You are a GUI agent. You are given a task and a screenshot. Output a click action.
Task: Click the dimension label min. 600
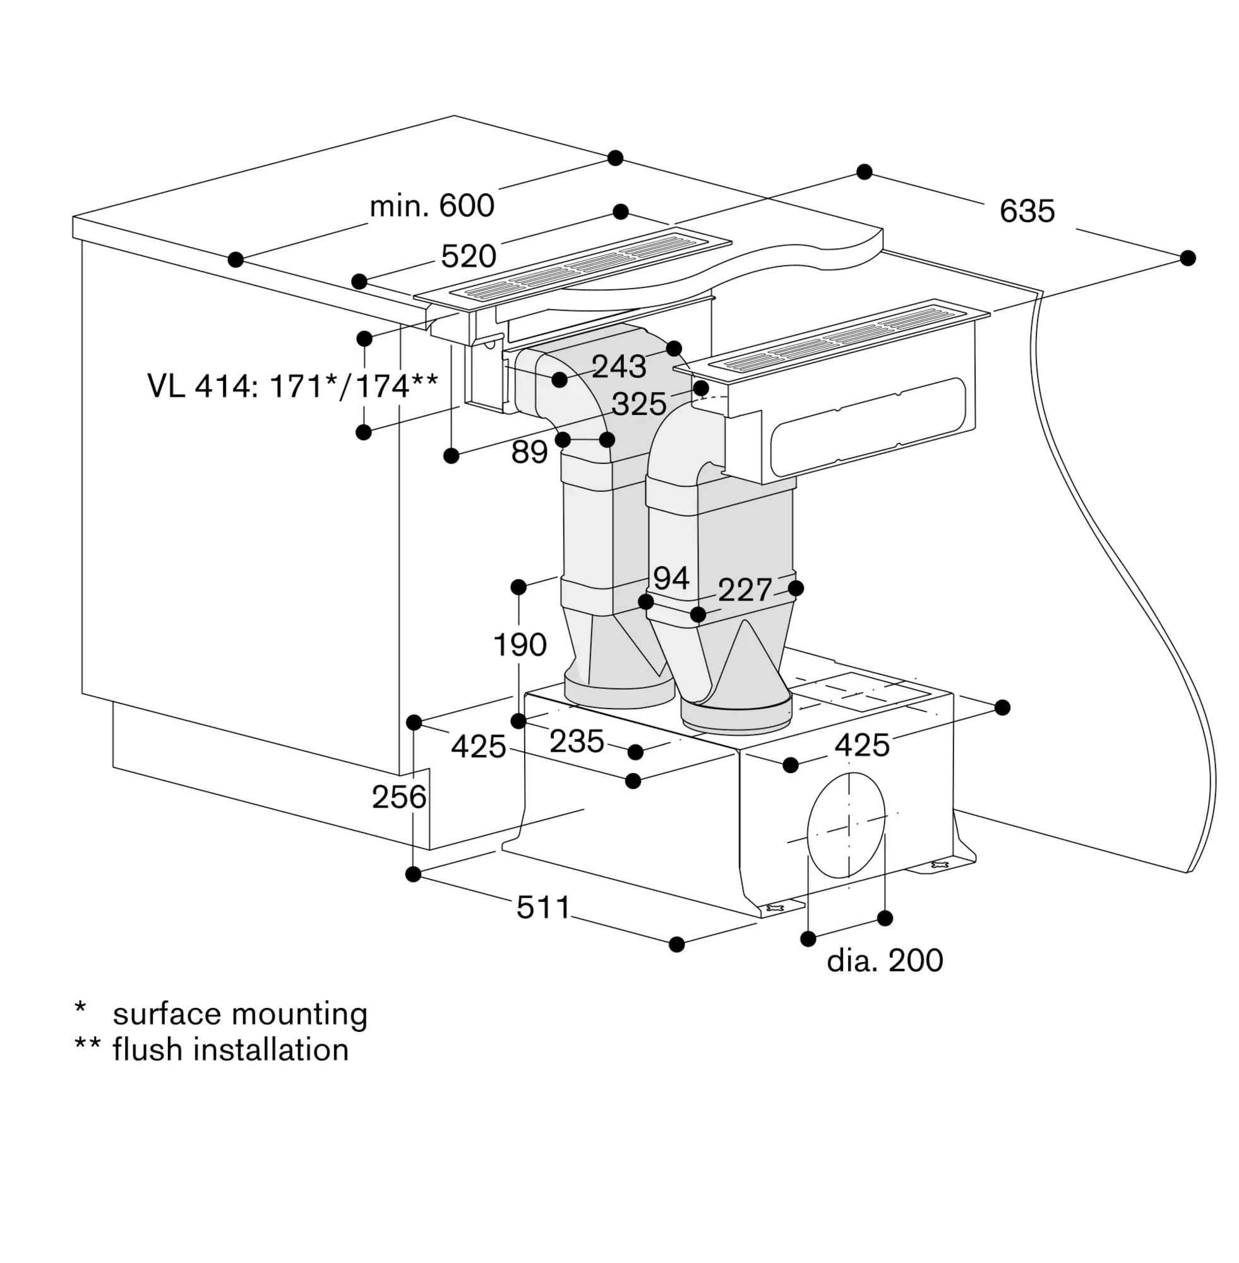pyautogui.click(x=432, y=207)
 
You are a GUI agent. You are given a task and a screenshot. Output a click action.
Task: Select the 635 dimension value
pyautogui.click(x=1027, y=212)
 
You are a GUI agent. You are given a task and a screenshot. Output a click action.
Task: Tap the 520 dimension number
pyautogui.click(x=469, y=256)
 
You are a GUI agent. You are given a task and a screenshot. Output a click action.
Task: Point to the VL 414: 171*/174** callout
pyautogui.click(x=293, y=386)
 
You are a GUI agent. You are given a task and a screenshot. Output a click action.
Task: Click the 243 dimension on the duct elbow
pyautogui.click(x=619, y=367)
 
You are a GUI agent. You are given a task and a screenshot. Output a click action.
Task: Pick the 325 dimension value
pyautogui.click(x=639, y=404)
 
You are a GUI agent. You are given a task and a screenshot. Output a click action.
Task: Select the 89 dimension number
pyautogui.click(x=529, y=452)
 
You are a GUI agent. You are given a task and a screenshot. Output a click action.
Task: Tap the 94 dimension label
pyautogui.click(x=671, y=578)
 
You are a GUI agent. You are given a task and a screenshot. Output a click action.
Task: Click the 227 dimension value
pyautogui.click(x=745, y=590)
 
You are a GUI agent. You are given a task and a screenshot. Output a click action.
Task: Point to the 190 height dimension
pyautogui.click(x=520, y=645)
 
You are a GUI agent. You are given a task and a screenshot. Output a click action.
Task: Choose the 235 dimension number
pyautogui.click(x=577, y=741)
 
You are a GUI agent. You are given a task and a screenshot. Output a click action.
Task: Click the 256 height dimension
pyautogui.click(x=399, y=797)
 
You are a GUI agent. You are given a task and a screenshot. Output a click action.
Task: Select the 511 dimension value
pyautogui.click(x=543, y=907)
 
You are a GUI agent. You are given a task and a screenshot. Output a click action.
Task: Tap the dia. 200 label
pyautogui.click(x=884, y=961)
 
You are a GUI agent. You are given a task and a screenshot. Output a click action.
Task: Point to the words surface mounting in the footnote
pyautogui.click(x=240, y=1014)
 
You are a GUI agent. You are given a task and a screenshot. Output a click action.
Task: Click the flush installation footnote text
pyautogui.click(x=230, y=1050)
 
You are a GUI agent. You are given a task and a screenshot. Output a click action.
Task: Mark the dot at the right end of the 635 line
pyautogui.click(x=1188, y=258)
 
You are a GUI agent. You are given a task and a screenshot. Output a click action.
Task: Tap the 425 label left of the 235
pyautogui.click(x=478, y=746)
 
